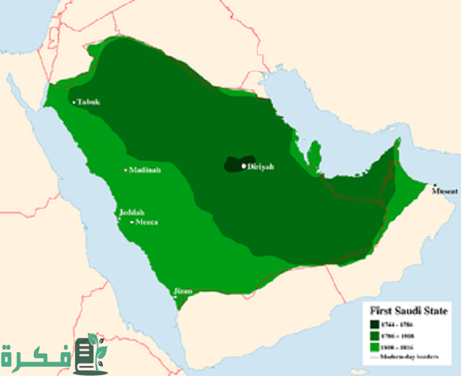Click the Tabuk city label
point(90,102)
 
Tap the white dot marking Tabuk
point(75,102)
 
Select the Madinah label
point(145,170)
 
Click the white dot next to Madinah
point(125,170)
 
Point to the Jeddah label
point(131,212)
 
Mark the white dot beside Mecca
point(132,223)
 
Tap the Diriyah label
point(261,166)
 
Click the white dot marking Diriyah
point(244,166)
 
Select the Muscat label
point(444,192)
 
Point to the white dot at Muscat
point(434,184)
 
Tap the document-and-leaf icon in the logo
point(89,353)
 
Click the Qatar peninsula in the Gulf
point(313,153)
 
